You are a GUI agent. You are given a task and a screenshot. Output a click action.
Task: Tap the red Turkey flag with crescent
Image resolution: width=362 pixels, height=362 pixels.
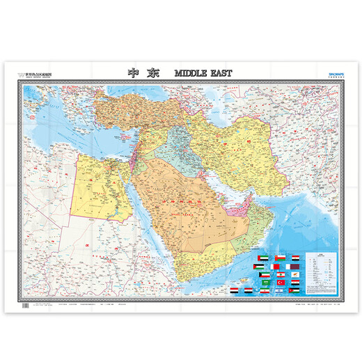(x=281, y=283)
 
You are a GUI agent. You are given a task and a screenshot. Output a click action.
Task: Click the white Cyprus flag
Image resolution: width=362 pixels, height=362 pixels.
(x=295, y=274)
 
